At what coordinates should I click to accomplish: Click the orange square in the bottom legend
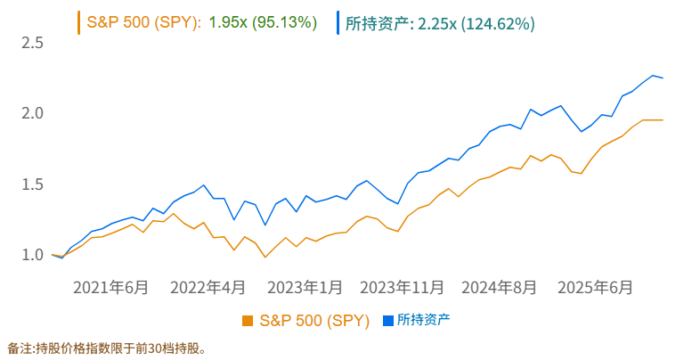click(248, 320)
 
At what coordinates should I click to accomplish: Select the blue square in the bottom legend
click(387, 320)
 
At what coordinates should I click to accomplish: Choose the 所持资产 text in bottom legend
click(423, 320)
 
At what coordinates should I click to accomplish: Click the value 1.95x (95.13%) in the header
click(263, 22)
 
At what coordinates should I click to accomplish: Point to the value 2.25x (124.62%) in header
click(476, 22)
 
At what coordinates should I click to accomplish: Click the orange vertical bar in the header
click(79, 22)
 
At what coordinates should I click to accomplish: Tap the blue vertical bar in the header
click(338, 22)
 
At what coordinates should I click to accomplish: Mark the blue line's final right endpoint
click(663, 78)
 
